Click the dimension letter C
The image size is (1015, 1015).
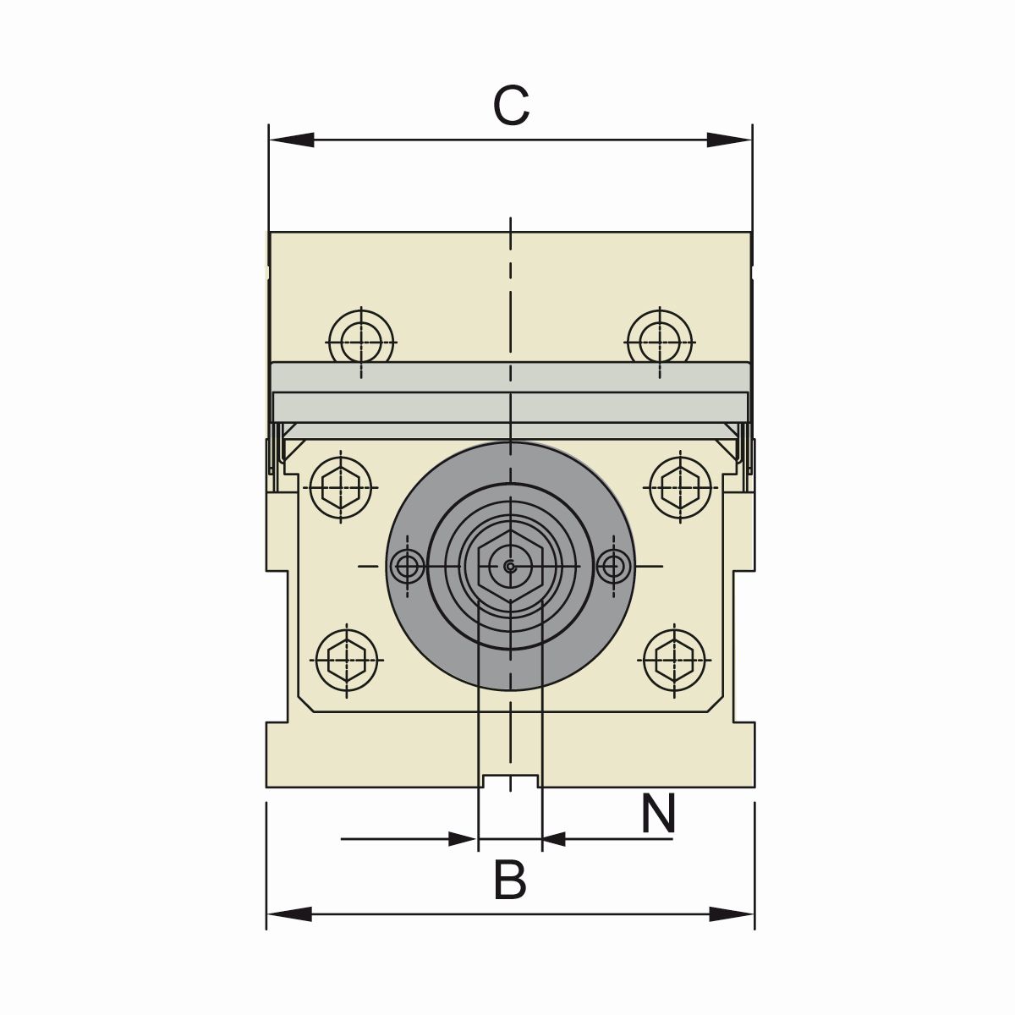click(512, 107)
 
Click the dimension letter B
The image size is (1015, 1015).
click(510, 880)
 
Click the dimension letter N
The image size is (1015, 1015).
click(658, 814)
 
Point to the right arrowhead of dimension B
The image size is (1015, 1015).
click(731, 913)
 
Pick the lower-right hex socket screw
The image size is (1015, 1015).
click(674, 659)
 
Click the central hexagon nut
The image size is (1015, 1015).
click(510, 567)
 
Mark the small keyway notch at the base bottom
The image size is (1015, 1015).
click(510, 781)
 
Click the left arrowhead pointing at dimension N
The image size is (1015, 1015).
click(460, 839)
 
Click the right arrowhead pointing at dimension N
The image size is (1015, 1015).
click(555, 839)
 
